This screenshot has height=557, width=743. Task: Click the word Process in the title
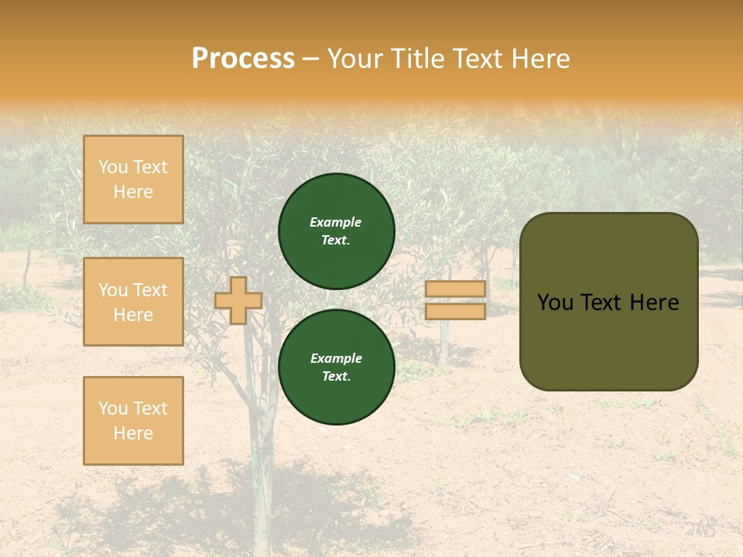(x=243, y=59)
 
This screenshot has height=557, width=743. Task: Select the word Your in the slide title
(x=354, y=59)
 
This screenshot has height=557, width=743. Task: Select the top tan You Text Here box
(x=133, y=179)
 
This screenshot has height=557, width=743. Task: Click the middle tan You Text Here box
(x=133, y=302)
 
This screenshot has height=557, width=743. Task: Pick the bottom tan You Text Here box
(x=133, y=420)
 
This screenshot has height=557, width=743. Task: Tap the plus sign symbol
(x=238, y=300)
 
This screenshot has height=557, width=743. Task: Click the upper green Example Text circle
(x=336, y=231)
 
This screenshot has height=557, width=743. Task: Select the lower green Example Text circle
(x=336, y=367)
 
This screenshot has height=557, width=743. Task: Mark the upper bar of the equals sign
(x=455, y=289)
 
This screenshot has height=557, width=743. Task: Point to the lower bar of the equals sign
(x=455, y=311)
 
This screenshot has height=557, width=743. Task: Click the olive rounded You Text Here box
(x=608, y=302)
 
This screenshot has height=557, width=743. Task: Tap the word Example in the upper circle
(x=336, y=222)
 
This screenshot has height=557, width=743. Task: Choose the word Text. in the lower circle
(x=336, y=377)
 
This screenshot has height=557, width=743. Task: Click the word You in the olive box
(x=555, y=302)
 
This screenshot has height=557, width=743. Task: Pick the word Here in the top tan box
(x=133, y=192)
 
